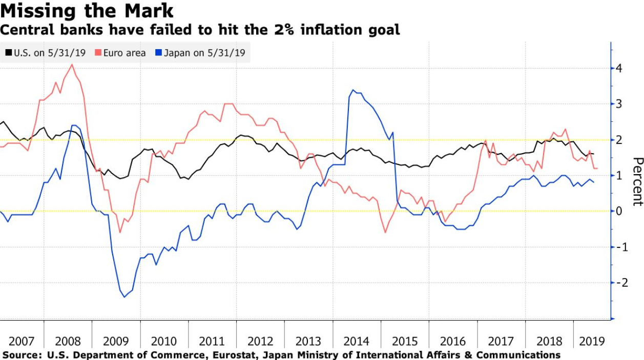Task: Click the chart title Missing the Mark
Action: tap(87, 11)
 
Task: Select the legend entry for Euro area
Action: tap(124, 53)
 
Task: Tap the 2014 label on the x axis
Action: tap(356, 341)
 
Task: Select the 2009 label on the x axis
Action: tap(116, 341)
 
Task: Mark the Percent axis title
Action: tap(637, 182)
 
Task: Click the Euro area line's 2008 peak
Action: tap(72, 65)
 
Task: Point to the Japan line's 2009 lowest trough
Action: tap(124, 297)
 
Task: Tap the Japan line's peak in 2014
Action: tap(353, 90)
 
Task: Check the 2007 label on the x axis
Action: tap(22, 341)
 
